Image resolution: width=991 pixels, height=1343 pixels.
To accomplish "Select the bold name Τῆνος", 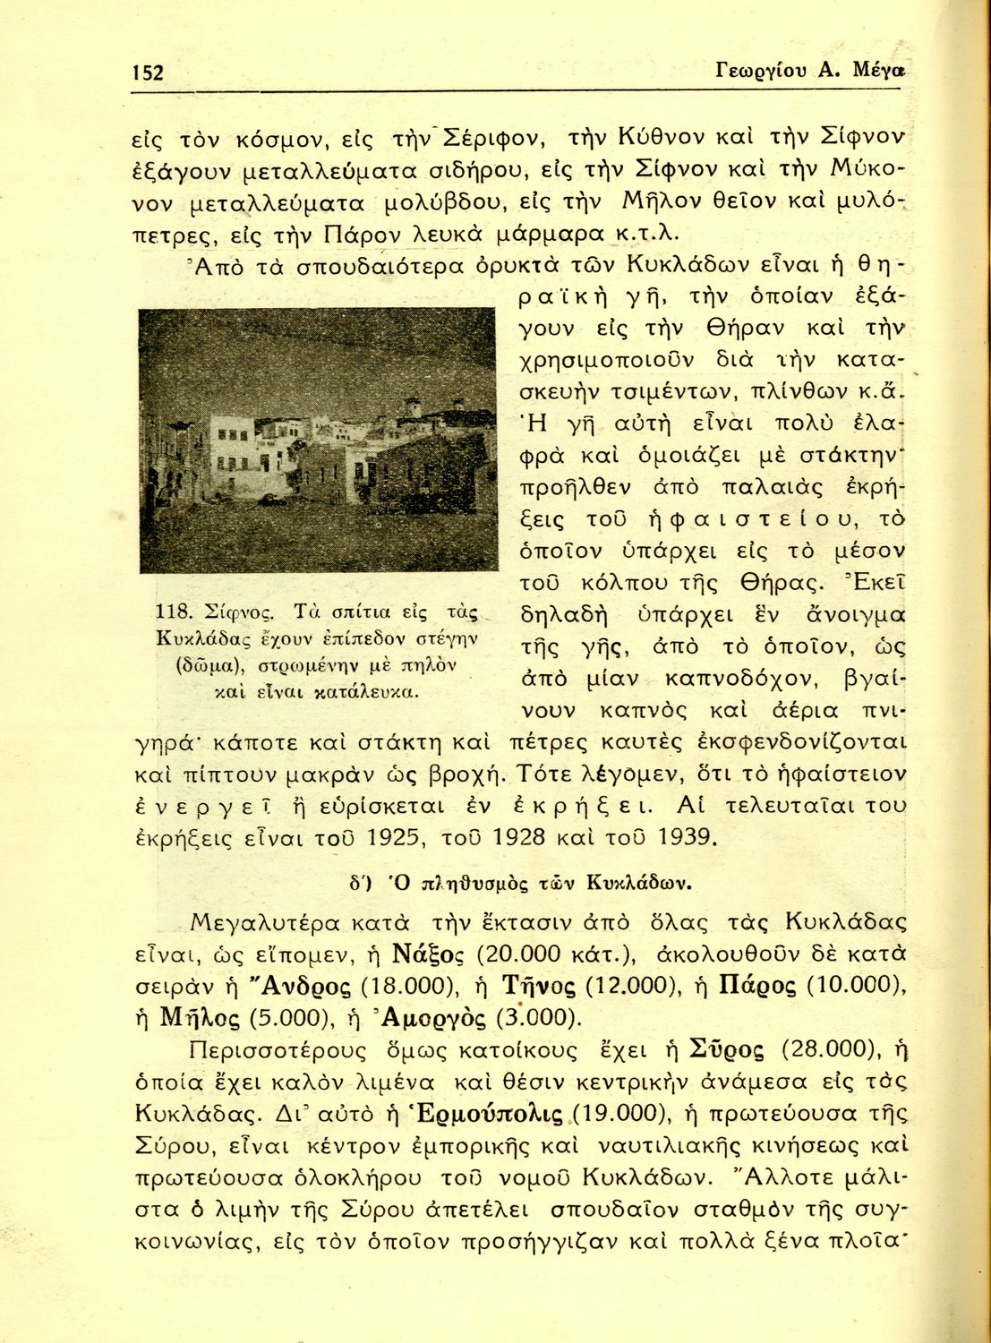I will click(534, 986).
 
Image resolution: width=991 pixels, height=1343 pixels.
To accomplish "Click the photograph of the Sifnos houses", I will click(318, 439).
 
